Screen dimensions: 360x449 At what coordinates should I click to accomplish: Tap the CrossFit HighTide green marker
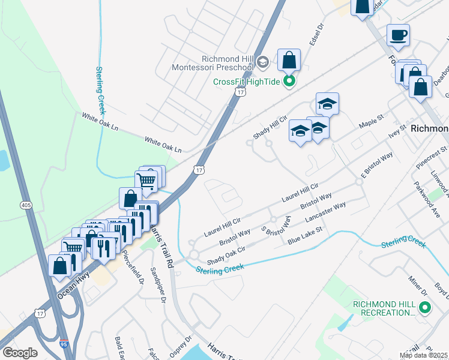(x=289, y=82)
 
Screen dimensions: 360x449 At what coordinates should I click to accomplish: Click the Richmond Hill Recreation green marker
(x=426, y=308)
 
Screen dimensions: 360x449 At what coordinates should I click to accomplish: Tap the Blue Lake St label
(x=305, y=234)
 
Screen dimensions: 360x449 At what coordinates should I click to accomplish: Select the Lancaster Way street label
(x=325, y=212)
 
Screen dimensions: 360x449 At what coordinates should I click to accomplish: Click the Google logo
(x=20, y=353)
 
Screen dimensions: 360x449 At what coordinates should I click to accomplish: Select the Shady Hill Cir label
(x=266, y=128)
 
